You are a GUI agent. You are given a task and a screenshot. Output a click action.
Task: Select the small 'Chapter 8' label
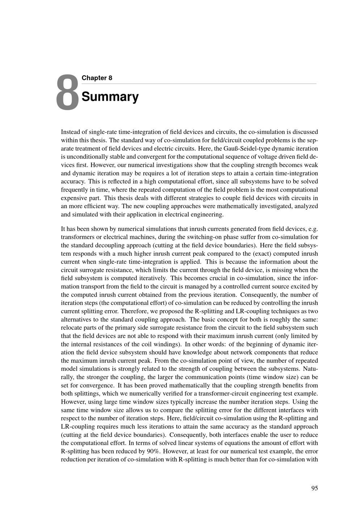(97, 78)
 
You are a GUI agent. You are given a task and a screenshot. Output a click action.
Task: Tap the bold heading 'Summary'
(110, 97)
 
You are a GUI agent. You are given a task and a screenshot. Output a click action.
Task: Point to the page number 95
(314, 488)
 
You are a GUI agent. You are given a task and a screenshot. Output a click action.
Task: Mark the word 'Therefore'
(133, 311)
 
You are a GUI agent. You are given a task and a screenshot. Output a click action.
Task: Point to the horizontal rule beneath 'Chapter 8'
(199, 84)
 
